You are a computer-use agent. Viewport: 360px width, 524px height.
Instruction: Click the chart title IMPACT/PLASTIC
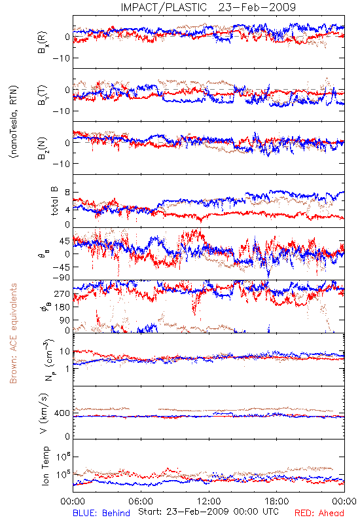(164, 7)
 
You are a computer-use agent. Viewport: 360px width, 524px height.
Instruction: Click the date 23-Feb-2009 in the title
(257, 7)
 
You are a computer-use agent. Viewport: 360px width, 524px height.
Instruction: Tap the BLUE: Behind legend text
(101, 513)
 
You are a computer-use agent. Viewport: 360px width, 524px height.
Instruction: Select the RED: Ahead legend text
(319, 513)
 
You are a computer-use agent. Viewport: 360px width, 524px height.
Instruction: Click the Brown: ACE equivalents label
(13, 333)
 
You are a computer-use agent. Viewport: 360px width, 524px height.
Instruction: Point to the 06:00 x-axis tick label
(141, 501)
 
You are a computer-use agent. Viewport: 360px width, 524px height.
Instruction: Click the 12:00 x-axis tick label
(209, 501)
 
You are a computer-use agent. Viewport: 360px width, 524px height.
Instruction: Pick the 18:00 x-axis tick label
(277, 501)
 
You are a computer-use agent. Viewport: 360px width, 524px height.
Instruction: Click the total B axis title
(54, 201)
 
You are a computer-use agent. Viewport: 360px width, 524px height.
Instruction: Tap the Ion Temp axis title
(45, 466)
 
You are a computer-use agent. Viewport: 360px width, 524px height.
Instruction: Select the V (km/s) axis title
(44, 413)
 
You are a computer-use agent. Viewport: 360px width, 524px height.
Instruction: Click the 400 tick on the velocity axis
(62, 413)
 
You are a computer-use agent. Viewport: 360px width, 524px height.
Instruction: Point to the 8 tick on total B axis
(67, 193)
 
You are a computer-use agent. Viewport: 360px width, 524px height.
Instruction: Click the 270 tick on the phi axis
(62, 293)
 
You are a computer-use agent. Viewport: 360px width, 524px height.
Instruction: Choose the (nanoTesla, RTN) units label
(14, 121)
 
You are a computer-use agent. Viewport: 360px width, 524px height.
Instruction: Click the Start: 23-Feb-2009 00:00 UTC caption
(208, 512)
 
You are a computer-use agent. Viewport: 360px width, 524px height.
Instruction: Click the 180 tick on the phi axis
(62, 307)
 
